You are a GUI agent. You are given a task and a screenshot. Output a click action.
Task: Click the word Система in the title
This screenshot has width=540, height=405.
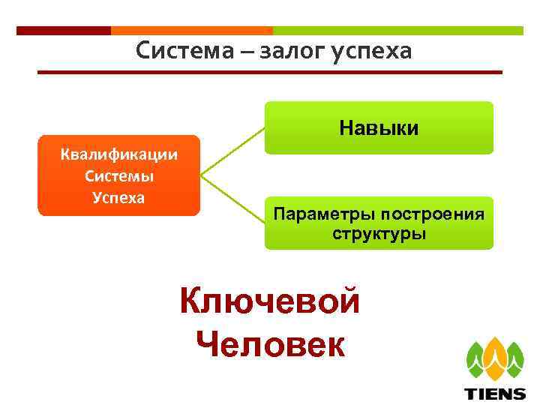pyautogui.click(x=181, y=51)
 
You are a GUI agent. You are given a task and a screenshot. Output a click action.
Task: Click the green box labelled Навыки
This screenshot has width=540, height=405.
pyautogui.click(x=379, y=127)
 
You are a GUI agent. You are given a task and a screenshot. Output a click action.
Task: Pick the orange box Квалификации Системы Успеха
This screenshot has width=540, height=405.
pyautogui.click(x=119, y=175)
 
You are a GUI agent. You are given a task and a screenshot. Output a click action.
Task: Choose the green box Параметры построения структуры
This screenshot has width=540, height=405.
pyautogui.click(x=379, y=223)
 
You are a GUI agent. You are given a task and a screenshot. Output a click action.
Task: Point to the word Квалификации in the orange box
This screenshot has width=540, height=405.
pyautogui.click(x=119, y=155)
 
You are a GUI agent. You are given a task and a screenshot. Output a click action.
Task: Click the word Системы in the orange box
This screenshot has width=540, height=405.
pyautogui.click(x=119, y=176)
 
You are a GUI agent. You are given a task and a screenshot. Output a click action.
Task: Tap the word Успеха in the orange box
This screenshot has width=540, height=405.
pyautogui.click(x=119, y=197)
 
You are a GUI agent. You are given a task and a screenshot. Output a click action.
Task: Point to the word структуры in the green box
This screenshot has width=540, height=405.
pyautogui.click(x=379, y=233)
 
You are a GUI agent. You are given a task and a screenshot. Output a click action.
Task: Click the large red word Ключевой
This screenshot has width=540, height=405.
pyautogui.click(x=270, y=302)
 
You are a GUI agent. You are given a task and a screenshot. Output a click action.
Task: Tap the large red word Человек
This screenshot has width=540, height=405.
pyautogui.click(x=270, y=344)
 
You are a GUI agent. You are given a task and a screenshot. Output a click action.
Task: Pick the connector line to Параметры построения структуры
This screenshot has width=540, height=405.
pyautogui.click(x=233, y=200)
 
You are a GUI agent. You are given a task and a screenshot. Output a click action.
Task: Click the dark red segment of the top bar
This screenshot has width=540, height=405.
pyautogui.click(x=63, y=31)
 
